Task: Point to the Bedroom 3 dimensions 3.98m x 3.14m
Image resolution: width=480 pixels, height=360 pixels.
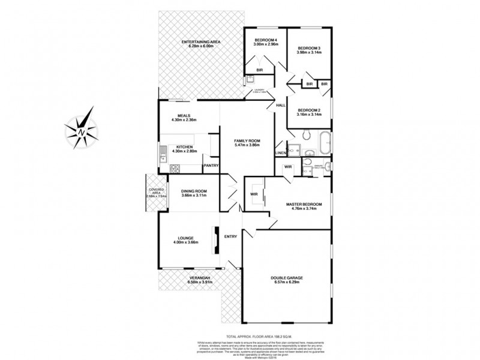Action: [310, 53]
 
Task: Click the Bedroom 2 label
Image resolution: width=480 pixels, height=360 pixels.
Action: [310, 110]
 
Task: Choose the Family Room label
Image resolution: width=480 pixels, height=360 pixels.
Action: [247, 140]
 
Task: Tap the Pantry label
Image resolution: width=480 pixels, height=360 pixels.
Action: [211, 166]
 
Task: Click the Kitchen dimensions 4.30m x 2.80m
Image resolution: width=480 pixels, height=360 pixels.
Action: [184, 151]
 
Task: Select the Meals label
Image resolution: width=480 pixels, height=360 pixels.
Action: [184, 116]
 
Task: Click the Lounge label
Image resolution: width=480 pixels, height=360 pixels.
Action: [185, 238]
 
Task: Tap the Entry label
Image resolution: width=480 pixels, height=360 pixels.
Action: [230, 236]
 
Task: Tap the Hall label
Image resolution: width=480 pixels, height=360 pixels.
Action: [280, 106]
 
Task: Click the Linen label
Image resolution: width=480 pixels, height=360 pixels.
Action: [280, 154]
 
